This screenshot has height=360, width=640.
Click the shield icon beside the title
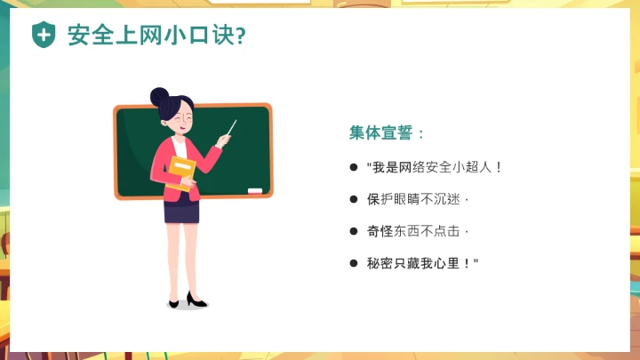tap(43, 35)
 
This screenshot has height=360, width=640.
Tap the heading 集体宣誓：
tap(387, 133)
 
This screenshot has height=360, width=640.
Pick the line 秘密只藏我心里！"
tap(422, 262)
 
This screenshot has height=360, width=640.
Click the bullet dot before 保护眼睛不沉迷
tap(353, 198)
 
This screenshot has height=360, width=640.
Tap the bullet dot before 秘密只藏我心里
tap(353, 262)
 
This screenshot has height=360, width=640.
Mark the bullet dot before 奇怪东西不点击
tap(353, 230)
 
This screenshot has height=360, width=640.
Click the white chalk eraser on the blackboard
tap(256, 190)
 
